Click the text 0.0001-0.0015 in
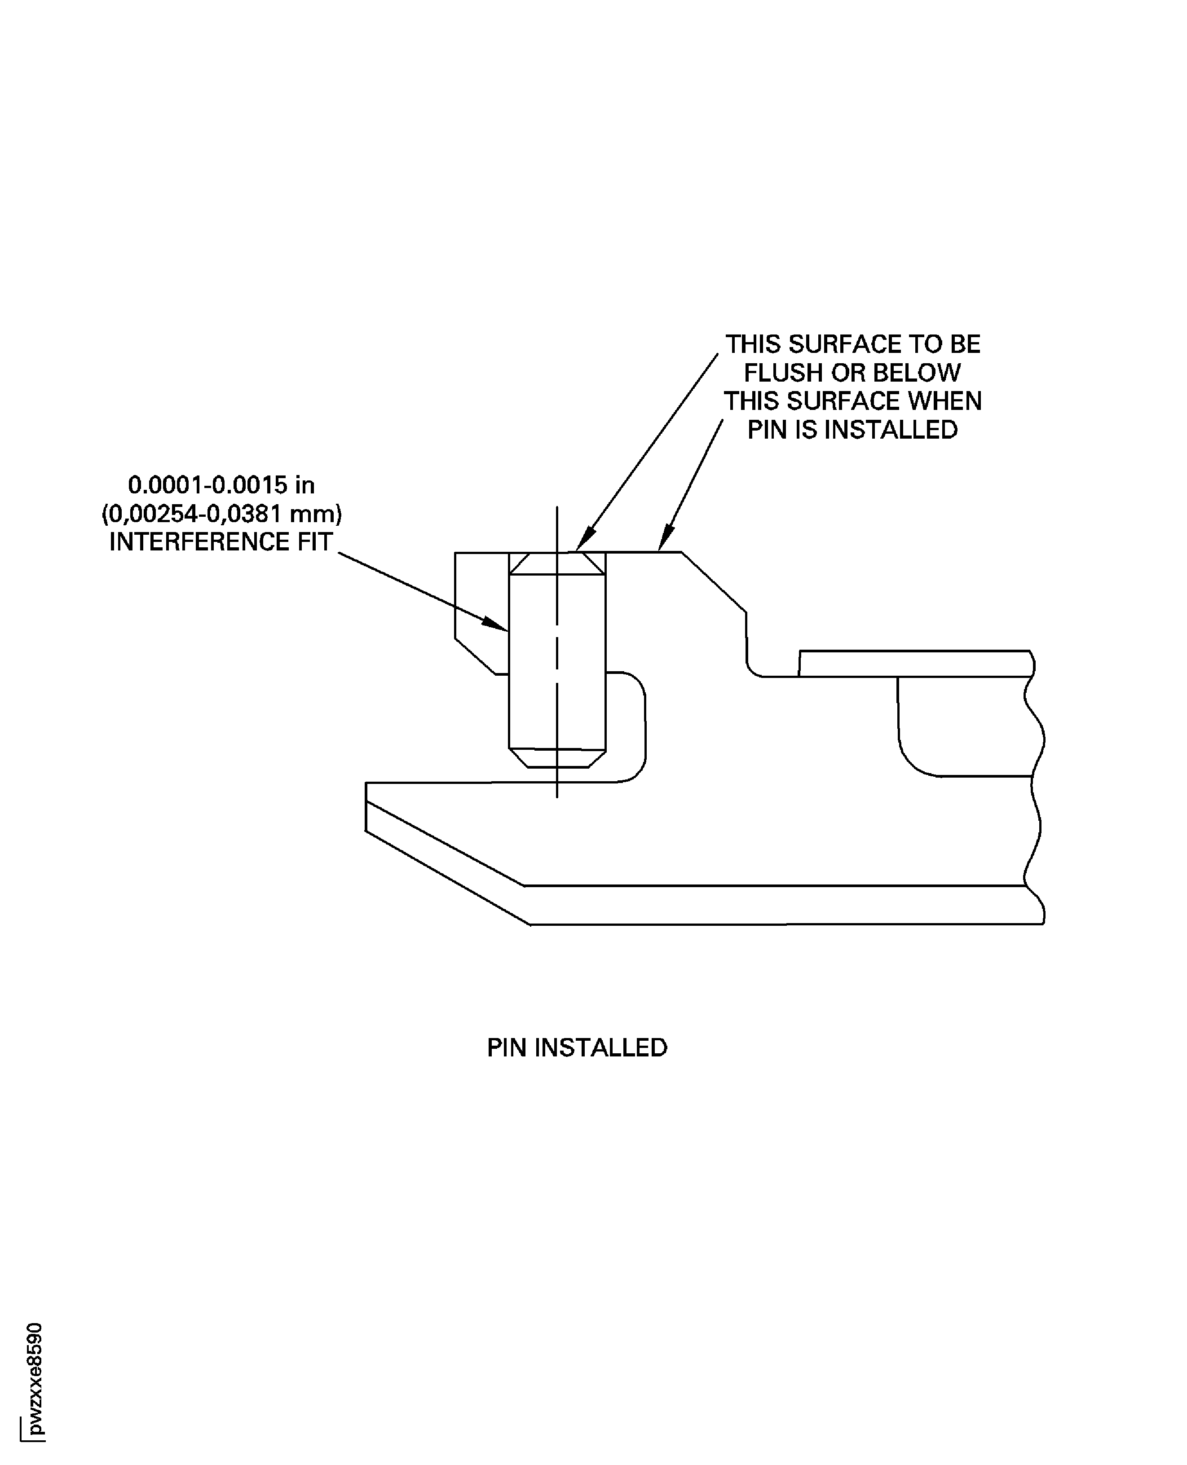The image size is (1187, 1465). pyautogui.click(x=221, y=485)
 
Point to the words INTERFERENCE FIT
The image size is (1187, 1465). pyautogui.click(x=220, y=541)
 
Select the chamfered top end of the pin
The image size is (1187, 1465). pyautogui.click(x=557, y=563)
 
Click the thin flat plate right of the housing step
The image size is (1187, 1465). pyautogui.click(x=915, y=663)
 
